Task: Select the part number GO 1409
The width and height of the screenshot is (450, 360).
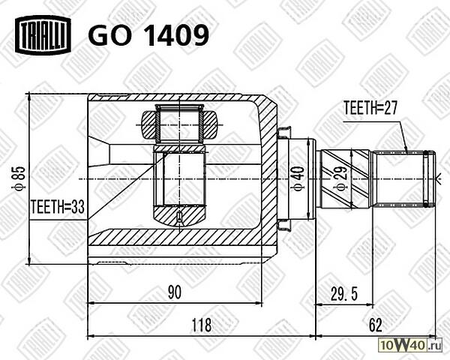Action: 148,34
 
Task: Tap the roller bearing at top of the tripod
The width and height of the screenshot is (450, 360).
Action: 180,124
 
